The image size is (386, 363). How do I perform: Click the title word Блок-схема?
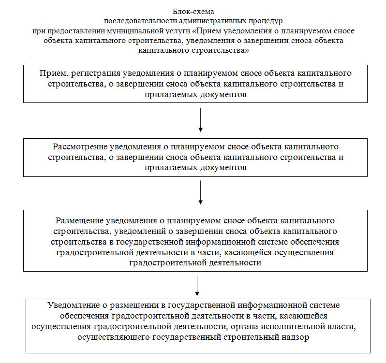tap(193, 11)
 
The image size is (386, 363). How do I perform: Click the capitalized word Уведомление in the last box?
tap(71, 305)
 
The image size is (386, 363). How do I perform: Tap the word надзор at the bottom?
tap(295, 337)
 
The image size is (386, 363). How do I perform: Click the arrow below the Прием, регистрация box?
tap(200, 120)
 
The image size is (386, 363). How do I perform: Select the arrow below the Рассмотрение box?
tap(200, 193)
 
